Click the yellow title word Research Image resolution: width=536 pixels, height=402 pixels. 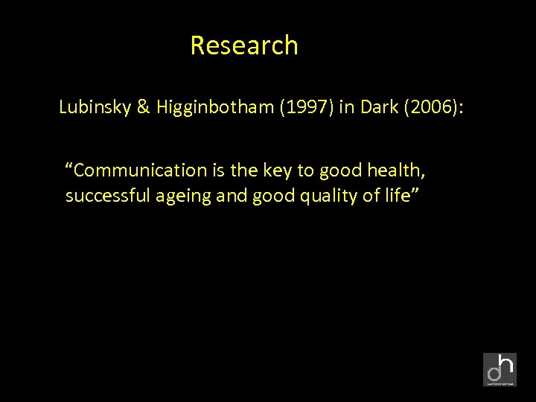point(244,45)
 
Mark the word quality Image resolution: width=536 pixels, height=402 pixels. point(311,197)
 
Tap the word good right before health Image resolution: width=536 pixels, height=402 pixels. point(339,170)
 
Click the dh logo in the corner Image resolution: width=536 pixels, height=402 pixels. point(500,369)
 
